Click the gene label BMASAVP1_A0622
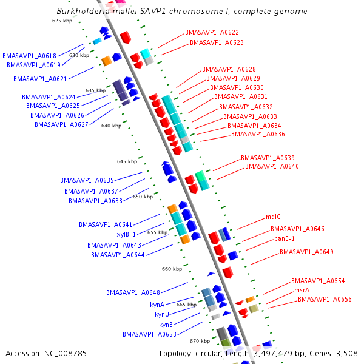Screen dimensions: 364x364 click(212, 32)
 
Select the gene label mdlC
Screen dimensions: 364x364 click(273, 217)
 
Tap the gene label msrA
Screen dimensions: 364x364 click(302, 291)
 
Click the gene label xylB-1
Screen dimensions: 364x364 click(126, 234)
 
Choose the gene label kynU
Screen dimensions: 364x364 click(162, 314)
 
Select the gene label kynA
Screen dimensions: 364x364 click(157, 305)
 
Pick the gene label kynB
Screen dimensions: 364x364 click(166, 325)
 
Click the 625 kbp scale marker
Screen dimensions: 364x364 click(62, 21)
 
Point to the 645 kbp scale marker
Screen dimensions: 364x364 click(127, 161)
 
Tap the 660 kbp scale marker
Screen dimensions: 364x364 click(172, 269)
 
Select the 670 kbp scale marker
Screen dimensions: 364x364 click(200, 341)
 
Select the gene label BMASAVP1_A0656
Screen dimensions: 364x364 click(325, 299)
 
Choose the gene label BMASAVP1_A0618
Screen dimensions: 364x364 click(29, 55)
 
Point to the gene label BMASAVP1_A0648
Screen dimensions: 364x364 click(133, 292)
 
